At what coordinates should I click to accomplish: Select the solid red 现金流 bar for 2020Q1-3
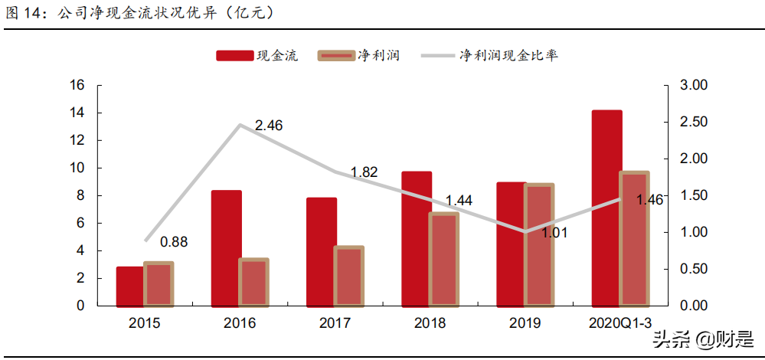(606, 208)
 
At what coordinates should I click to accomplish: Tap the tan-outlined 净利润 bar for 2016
(254, 283)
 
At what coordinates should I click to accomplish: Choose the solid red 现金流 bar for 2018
(417, 239)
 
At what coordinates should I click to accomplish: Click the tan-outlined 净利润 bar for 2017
(349, 277)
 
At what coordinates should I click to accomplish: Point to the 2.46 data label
(269, 125)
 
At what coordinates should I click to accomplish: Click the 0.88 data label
(174, 242)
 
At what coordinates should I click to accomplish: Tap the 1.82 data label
(364, 172)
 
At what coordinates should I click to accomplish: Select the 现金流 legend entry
(257, 55)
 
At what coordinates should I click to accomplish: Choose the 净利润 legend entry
(358, 55)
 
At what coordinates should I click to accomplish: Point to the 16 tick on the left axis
(77, 85)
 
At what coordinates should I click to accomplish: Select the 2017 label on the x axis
(335, 323)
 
